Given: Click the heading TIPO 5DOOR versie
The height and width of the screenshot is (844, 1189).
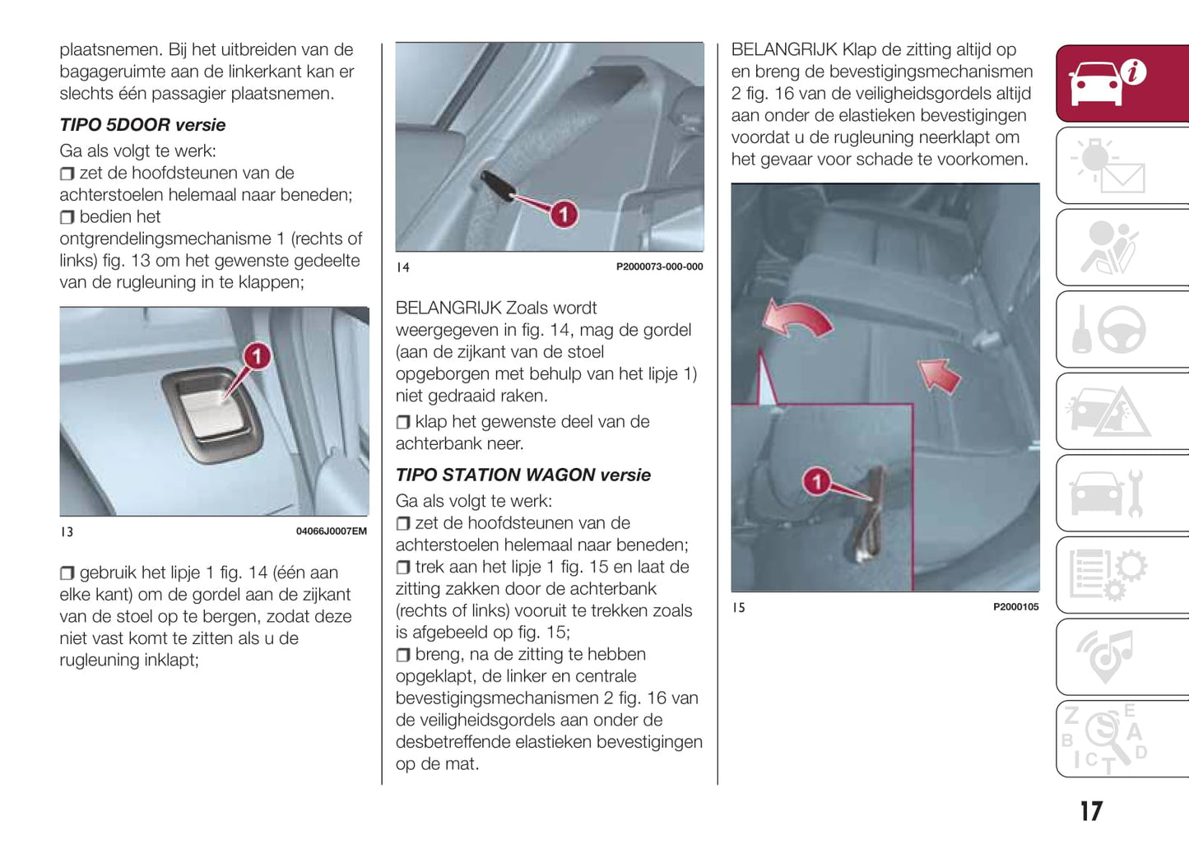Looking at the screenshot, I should pos(142,125).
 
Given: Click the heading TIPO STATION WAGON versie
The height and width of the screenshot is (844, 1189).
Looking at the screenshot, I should pos(523,475).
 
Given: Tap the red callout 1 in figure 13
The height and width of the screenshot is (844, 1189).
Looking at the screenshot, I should pos(257,356).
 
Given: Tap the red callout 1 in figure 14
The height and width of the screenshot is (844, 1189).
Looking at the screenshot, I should pos(564,215).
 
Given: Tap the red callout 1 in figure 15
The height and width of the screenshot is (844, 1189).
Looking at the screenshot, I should pos(816,481).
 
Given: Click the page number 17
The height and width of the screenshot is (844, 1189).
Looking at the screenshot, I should pos(1091,812).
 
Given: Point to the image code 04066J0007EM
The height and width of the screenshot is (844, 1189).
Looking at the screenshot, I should pos(331,531).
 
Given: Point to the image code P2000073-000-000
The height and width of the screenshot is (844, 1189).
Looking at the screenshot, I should pos(659,267).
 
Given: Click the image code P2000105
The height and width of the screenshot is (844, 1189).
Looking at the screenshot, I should pos(1015,607).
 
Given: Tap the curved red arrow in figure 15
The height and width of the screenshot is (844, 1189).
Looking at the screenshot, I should pos(797,319).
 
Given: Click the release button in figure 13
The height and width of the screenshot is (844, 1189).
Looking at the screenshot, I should pos(212,409).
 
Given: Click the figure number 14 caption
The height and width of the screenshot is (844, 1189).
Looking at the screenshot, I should pos(403,267).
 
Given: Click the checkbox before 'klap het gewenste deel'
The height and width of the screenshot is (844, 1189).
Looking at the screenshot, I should pos(402,422).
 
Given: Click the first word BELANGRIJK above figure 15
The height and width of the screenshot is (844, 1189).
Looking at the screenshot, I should pos(783,50).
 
